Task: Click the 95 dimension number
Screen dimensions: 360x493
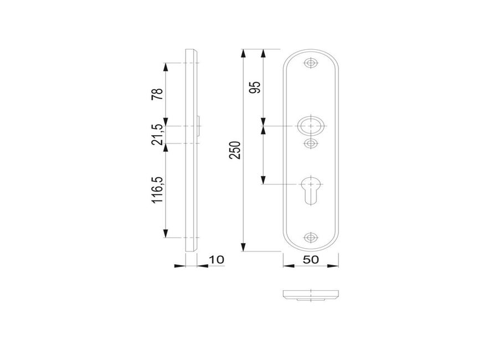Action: click(x=255, y=87)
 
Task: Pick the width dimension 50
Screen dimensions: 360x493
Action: click(x=311, y=259)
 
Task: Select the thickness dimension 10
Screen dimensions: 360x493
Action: click(x=215, y=259)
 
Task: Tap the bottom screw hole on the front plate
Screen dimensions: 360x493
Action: click(x=311, y=238)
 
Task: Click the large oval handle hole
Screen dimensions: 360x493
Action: click(x=311, y=126)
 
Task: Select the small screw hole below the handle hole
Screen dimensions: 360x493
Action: click(x=311, y=143)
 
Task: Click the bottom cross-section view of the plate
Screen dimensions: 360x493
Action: click(x=311, y=295)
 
